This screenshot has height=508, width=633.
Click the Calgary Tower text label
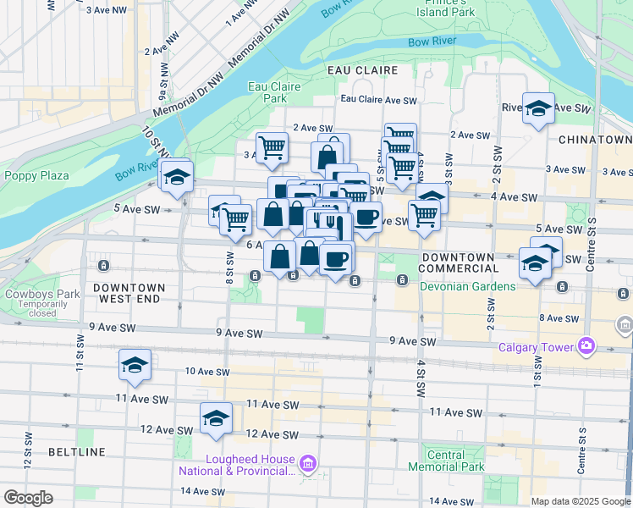(x=537, y=345)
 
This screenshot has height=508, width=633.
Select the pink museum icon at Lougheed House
(x=308, y=462)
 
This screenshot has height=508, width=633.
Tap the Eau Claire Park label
(x=268, y=92)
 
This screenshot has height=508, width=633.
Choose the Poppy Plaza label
(x=36, y=176)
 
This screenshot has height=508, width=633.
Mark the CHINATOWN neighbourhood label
(x=595, y=139)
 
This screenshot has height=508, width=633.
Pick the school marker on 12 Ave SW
(x=216, y=417)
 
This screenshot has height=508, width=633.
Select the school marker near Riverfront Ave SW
(x=537, y=108)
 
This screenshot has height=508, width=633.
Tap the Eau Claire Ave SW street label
(x=378, y=100)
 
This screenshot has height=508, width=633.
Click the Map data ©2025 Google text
(x=581, y=501)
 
